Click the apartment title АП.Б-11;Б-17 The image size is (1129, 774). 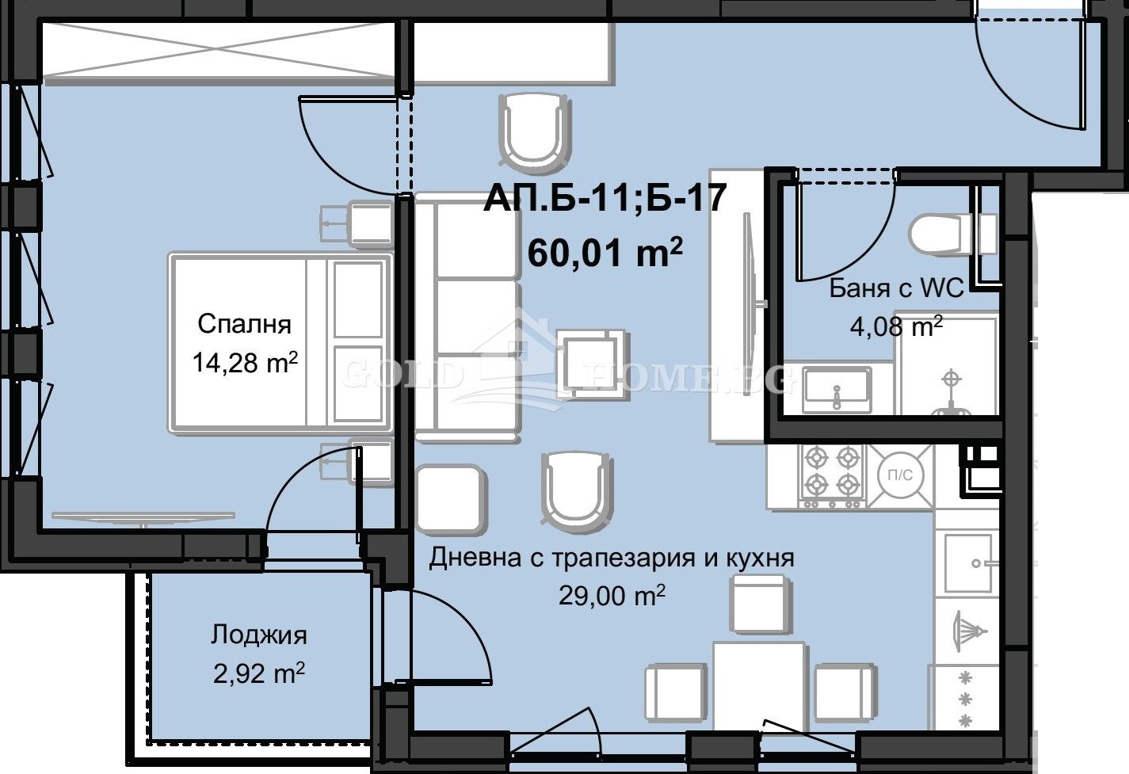(x=605, y=198)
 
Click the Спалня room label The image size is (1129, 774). (x=244, y=323)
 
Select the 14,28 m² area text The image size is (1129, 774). (x=244, y=363)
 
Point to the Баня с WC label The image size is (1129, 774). (x=896, y=288)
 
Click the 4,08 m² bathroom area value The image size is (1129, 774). (x=896, y=325)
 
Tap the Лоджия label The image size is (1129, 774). (x=258, y=635)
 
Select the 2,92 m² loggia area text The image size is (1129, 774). (x=258, y=673)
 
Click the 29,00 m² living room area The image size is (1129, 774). (x=612, y=595)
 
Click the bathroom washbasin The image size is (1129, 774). (x=837, y=388)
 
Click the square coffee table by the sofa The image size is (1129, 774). (x=593, y=363)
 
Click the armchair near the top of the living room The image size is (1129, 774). (x=535, y=131)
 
